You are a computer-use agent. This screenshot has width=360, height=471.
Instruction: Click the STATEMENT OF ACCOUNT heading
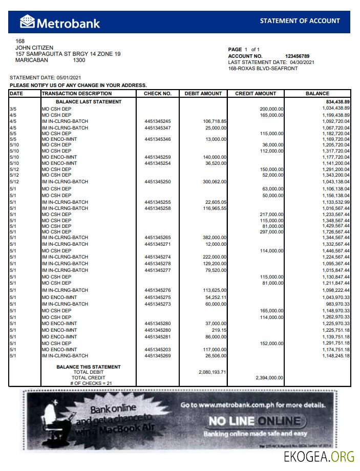300,21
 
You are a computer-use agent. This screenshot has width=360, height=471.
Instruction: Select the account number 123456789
297,56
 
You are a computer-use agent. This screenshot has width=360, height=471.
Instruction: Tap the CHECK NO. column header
157,94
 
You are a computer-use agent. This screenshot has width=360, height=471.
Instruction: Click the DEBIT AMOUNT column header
203,94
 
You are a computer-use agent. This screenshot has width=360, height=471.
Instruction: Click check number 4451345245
157,121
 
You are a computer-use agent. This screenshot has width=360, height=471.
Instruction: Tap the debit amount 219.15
219,331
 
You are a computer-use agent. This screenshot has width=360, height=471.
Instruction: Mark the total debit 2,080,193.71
212,372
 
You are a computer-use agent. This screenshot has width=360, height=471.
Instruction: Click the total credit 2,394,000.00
269,378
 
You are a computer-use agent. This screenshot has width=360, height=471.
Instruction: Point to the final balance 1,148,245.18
336,356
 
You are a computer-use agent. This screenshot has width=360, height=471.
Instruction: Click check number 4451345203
157,350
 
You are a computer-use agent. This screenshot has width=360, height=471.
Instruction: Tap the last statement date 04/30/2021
302,62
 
